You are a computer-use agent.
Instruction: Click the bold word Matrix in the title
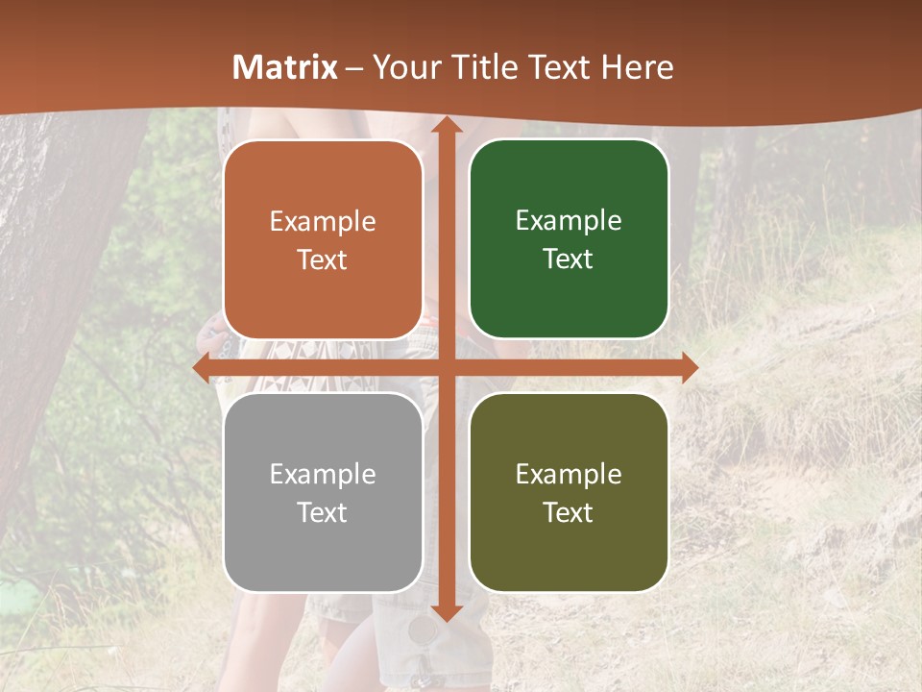coord(285,67)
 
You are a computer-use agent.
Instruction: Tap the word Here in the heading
coord(637,67)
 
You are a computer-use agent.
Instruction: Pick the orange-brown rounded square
coord(323,239)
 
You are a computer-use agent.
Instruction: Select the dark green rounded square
coord(569,239)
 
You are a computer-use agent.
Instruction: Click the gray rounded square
coord(323,492)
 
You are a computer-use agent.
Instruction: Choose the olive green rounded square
coord(569,492)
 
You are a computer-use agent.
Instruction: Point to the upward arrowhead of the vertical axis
coord(446,126)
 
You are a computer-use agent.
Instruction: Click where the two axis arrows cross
coord(446,367)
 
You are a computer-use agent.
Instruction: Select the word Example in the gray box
coord(323,474)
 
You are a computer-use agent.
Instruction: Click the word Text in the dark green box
coord(569,259)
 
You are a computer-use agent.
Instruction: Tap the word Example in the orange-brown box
coord(323,221)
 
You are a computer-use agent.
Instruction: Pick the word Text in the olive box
coord(569,512)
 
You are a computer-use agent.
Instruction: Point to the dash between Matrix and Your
coord(355,68)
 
